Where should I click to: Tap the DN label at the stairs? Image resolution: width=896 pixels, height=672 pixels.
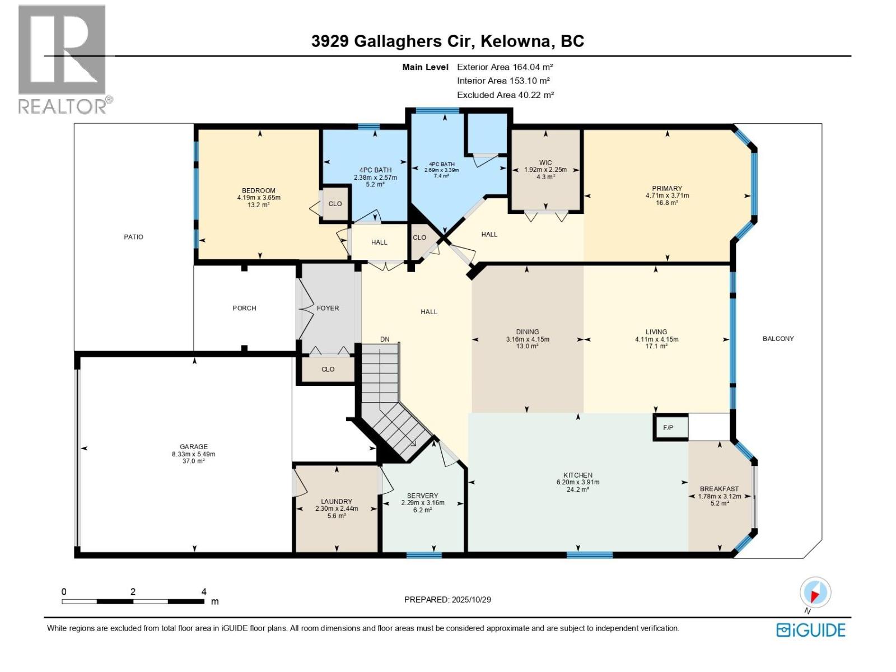pyautogui.click(x=385, y=339)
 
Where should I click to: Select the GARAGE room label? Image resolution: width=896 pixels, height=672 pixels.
pyautogui.click(x=194, y=447)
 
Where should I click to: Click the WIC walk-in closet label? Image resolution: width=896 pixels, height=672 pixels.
pyautogui.click(x=545, y=162)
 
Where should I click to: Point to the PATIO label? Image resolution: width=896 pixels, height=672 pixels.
pyautogui.click(x=133, y=237)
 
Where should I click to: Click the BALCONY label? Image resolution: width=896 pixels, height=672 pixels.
pyautogui.click(x=778, y=339)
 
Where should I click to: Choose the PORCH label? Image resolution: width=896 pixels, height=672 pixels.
pyautogui.click(x=244, y=308)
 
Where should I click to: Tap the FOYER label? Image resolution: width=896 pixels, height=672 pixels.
pyautogui.click(x=328, y=308)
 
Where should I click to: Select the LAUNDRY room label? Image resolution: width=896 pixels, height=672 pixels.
pyautogui.click(x=337, y=501)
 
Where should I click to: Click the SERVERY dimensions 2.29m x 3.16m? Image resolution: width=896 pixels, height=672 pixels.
pyautogui.click(x=423, y=503)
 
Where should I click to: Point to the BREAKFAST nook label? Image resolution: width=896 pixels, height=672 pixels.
pyautogui.click(x=719, y=489)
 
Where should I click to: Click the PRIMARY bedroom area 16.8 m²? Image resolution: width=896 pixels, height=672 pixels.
pyautogui.click(x=667, y=203)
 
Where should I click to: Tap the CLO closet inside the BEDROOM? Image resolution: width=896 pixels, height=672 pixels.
pyautogui.click(x=335, y=204)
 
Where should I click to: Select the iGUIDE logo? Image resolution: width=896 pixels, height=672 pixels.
pyautogui.click(x=810, y=630)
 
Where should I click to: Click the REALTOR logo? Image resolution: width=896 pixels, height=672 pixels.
pyautogui.click(x=63, y=59)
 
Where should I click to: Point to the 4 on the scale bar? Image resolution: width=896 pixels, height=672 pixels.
pyautogui.click(x=204, y=591)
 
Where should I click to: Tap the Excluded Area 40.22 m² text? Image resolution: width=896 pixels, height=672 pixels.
pyautogui.click(x=505, y=95)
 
